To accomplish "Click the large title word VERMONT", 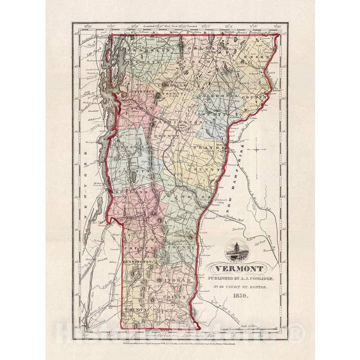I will [239, 268].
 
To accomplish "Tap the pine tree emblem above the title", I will [234, 250].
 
